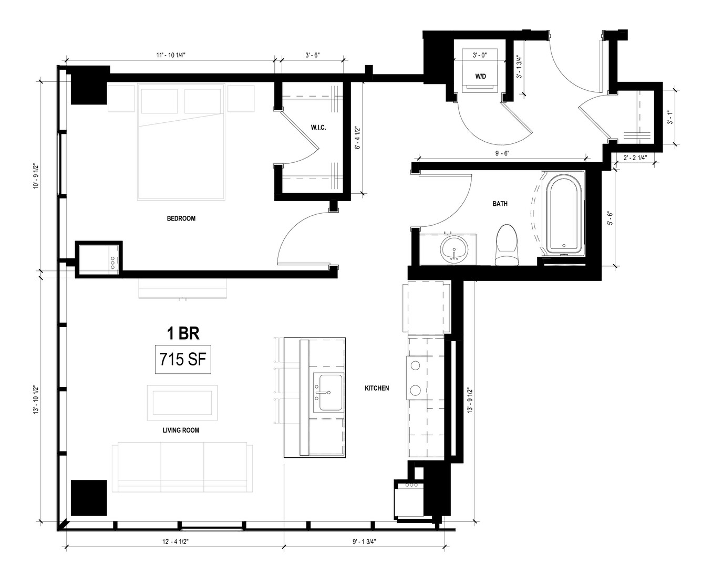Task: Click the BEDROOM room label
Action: point(181,218)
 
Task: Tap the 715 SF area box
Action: point(183,359)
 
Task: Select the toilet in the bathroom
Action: point(507,245)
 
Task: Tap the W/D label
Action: point(480,77)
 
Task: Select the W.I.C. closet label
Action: point(318,128)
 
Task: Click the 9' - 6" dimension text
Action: point(502,153)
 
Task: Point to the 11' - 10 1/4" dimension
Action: point(171,55)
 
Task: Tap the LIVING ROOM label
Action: point(181,430)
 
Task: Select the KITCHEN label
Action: point(377,388)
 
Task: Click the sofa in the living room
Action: point(182,467)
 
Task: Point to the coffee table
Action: point(182,402)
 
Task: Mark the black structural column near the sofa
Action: point(89,498)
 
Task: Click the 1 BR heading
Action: point(183,333)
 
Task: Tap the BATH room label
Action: point(500,204)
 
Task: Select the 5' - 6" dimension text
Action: point(610,218)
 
